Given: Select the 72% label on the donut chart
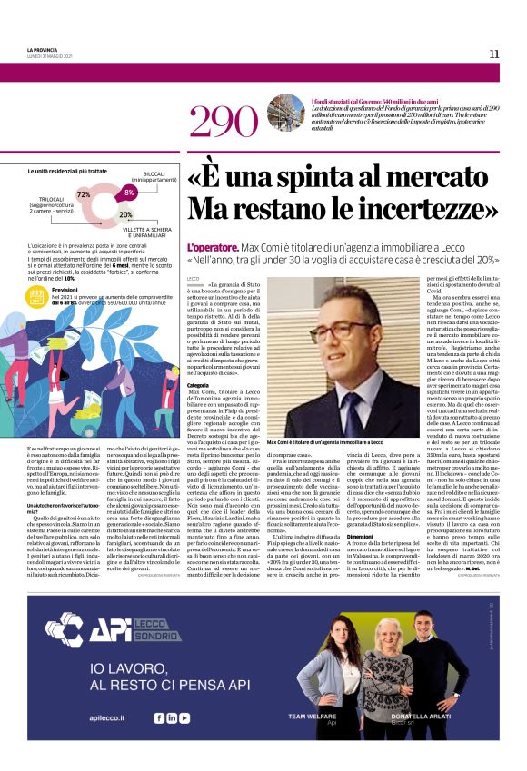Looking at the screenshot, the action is [84, 194].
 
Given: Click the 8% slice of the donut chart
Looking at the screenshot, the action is [129, 193].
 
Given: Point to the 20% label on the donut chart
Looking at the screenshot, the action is [125, 214].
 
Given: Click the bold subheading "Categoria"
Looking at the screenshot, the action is [197, 384].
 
